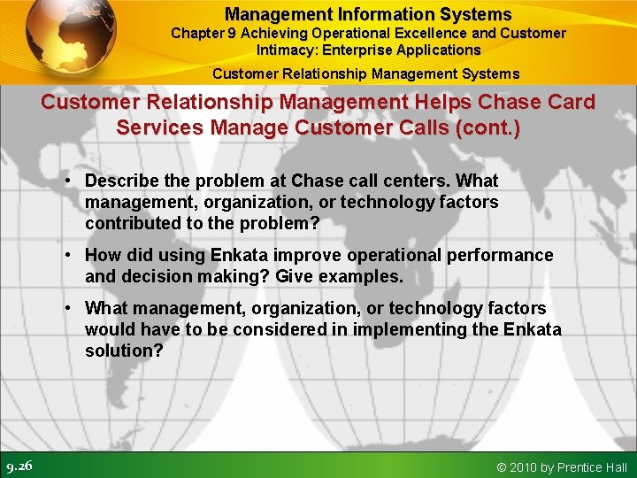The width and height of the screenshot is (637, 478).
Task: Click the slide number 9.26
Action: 19,466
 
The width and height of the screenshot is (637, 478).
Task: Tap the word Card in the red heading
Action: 570,103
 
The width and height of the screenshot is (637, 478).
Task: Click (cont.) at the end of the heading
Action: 486,127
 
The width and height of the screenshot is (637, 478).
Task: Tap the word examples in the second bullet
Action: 364,276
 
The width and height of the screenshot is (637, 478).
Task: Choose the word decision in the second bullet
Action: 150,276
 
